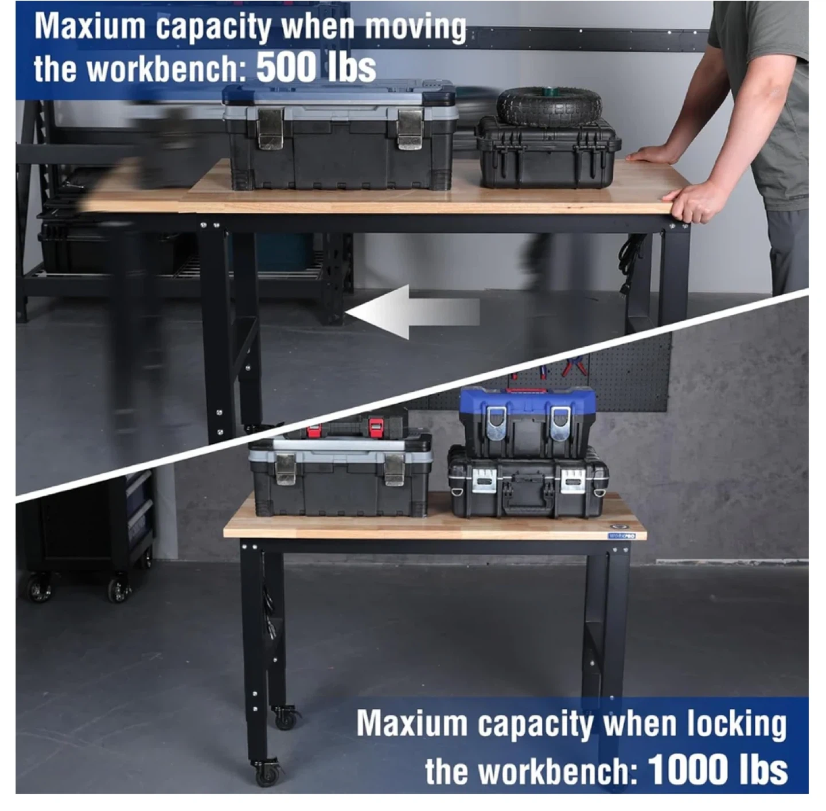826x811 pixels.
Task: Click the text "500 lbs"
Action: (x=316, y=68)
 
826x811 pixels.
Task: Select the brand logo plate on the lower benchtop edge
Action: (x=622, y=536)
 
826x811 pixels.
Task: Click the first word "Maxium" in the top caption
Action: (x=90, y=26)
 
